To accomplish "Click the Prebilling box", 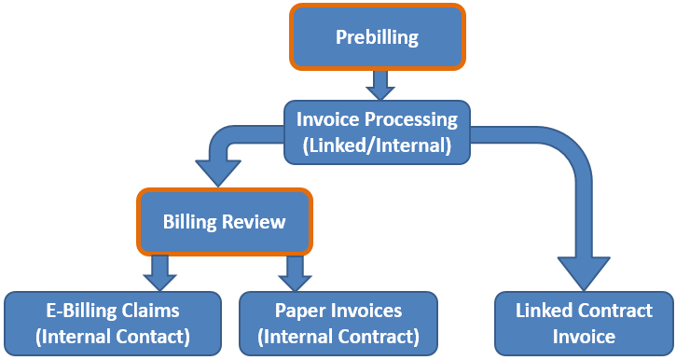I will (x=377, y=37).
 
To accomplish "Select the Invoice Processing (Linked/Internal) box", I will (x=377, y=132).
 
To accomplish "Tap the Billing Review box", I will (x=224, y=222).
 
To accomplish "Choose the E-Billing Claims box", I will (x=113, y=323).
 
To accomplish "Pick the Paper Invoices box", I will (x=338, y=323).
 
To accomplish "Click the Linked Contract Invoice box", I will (x=584, y=323).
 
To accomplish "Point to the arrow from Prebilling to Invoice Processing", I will (x=378, y=85).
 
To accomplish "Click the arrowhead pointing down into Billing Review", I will (x=216, y=173).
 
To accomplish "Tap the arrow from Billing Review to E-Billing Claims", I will (x=159, y=271).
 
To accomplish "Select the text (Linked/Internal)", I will (x=377, y=145).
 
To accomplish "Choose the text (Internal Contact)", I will (x=113, y=336).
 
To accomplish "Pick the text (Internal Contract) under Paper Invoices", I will (x=338, y=336).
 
